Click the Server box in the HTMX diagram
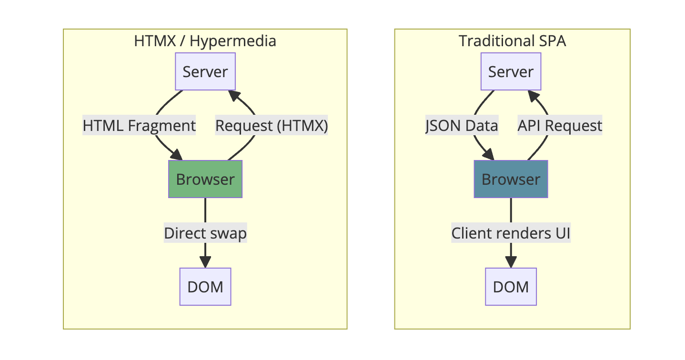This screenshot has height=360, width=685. pos(205,71)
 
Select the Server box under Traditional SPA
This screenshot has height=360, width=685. pos(511,71)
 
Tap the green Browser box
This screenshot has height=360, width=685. pos(205,179)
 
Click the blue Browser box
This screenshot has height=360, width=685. pos(511,179)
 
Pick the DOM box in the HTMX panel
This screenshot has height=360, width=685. pos(205,287)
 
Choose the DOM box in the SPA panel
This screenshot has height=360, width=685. pos(511,287)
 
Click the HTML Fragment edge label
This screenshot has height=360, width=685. pos(139,126)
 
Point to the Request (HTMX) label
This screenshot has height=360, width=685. pos(272,126)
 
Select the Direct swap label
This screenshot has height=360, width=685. pos(205,233)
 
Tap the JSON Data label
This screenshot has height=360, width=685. pos(462,126)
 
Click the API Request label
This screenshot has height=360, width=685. pos(560,126)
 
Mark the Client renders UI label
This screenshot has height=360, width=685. pos(511,233)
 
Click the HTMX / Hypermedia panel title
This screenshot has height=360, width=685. pos(205,41)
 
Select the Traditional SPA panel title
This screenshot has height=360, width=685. pos(512,41)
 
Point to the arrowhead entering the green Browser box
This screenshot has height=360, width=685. pos(177,155)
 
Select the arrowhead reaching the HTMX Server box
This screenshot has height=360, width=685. pos(234,96)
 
